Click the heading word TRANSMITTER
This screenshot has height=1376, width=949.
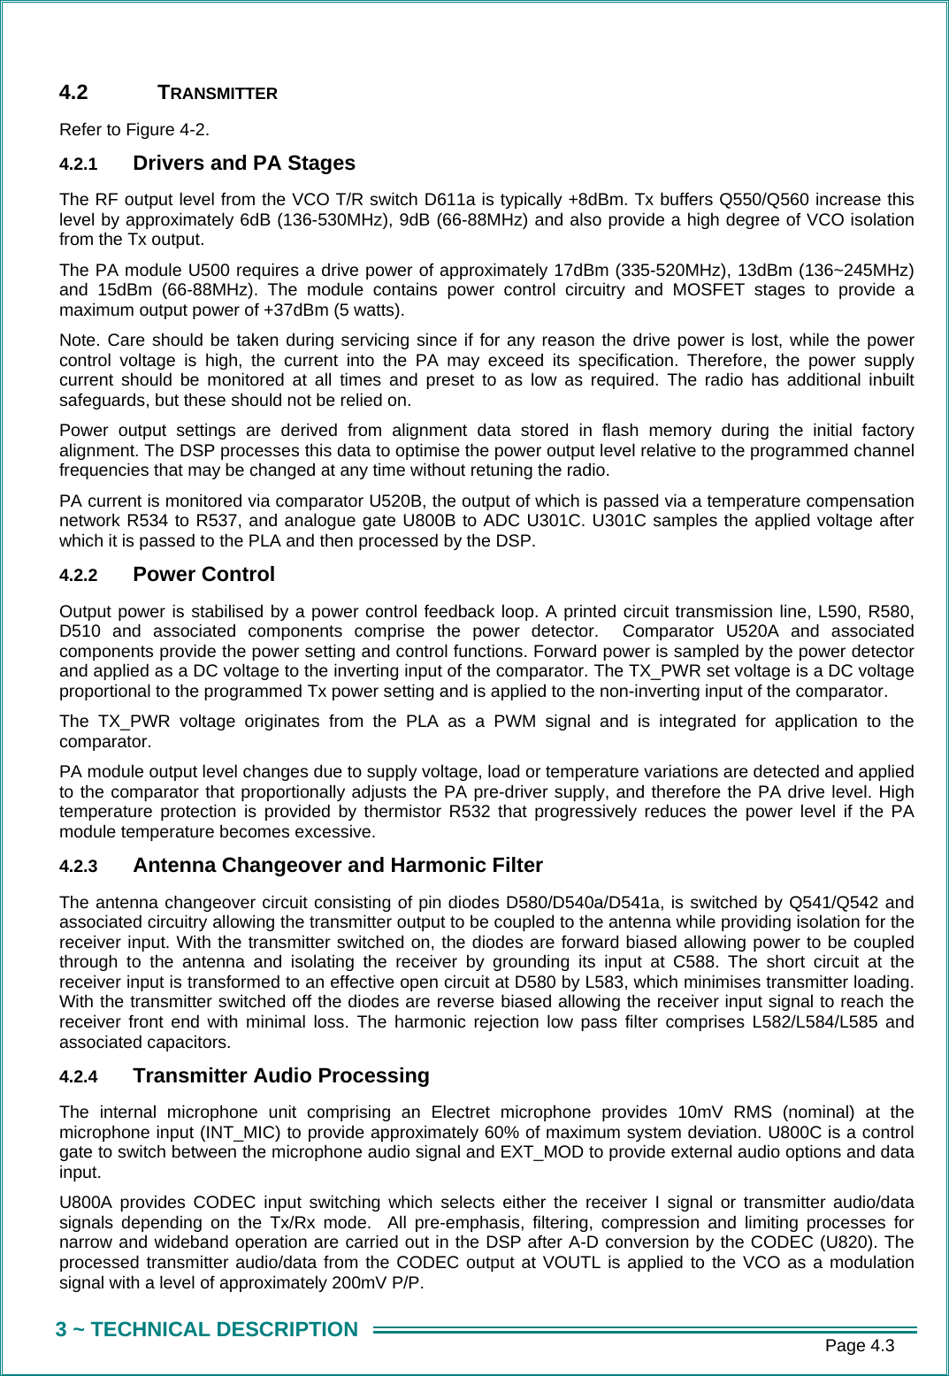tap(217, 93)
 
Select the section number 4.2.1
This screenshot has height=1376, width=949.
tap(78, 164)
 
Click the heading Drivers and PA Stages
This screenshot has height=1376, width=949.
tap(243, 164)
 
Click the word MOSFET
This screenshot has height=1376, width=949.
tap(708, 290)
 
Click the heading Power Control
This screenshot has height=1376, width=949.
tap(203, 575)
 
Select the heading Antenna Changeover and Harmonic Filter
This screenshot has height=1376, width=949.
tap(337, 866)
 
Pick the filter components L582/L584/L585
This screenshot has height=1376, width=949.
tap(814, 1022)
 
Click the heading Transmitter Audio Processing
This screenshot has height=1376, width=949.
tap(280, 1076)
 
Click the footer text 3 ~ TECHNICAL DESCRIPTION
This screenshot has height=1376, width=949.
tap(207, 1330)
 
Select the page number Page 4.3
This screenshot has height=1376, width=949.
tap(859, 1346)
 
